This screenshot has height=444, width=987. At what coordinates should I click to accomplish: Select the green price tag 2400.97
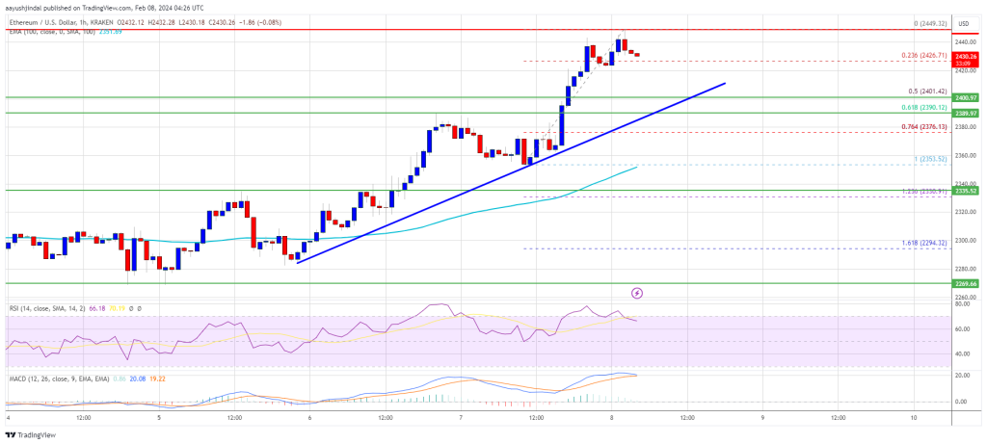[966, 97]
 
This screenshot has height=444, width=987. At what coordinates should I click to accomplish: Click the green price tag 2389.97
[966, 114]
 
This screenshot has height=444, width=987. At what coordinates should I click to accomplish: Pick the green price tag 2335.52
[966, 191]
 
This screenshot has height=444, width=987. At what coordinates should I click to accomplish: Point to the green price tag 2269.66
[966, 284]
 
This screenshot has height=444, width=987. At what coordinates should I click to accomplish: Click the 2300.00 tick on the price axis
[964, 240]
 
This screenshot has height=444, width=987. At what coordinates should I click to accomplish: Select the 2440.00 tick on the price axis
[964, 41]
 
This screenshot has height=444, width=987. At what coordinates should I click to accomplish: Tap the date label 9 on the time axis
[762, 417]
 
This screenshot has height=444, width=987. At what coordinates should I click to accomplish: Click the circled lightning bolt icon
[636, 292]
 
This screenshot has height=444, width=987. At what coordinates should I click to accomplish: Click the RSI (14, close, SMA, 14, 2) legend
[43, 308]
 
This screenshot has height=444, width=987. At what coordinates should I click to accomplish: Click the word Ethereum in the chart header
[24, 22]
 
